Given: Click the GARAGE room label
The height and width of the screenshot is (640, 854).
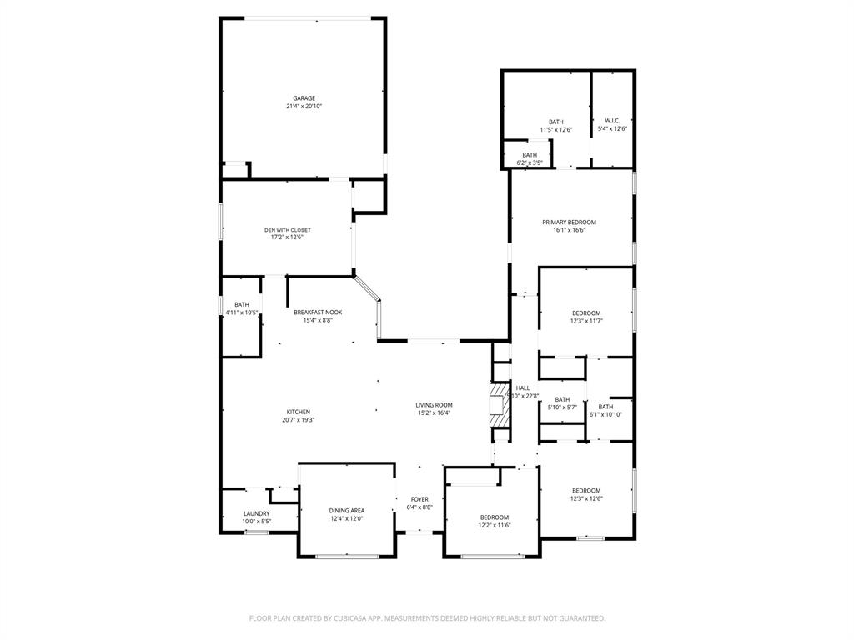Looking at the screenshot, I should pyautogui.click(x=304, y=98).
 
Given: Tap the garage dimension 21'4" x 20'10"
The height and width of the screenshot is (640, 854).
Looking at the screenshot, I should pyautogui.click(x=304, y=107).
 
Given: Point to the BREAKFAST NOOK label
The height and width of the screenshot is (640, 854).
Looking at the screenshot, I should pyautogui.click(x=318, y=312).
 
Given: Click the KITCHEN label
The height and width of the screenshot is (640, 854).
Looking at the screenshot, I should pyautogui.click(x=299, y=412).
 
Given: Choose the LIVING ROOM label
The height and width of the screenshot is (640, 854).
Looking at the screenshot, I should pyautogui.click(x=434, y=405).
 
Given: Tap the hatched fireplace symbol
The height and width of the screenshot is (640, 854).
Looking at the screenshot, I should pyautogui.click(x=499, y=405).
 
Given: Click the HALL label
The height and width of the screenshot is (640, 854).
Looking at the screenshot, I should pyautogui.click(x=523, y=387).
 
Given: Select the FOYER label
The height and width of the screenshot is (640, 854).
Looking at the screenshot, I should pyautogui.click(x=419, y=499).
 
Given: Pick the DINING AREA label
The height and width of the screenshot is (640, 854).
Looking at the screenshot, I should pyautogui.click(x=346, y=510).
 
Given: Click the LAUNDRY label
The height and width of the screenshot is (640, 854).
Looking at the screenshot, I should pyautogui.click(x=256, y=513).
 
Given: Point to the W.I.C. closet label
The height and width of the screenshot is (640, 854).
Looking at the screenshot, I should pyautogui.click(x=612, y=121).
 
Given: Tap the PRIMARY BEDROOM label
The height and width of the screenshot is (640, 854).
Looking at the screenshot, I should pyautogui.click(x=570, y=222).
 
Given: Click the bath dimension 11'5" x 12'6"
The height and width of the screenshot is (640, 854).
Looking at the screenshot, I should pyautogui.click(x=556, y=130).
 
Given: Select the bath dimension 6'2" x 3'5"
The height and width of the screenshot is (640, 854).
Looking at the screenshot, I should pyautogui.click(x=530, y=162).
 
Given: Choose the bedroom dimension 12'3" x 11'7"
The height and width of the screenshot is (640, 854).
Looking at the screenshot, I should pyautogui.click(x=586, y=321).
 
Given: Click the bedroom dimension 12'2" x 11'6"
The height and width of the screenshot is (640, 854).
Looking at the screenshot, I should pyautogui.click(x=494, y=526).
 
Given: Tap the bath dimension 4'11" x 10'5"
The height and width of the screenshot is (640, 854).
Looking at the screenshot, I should pyautogui.click(x=242, y=312).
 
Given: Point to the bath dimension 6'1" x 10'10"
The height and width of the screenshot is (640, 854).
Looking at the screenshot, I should pyautogui.click(x=605, y=414).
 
